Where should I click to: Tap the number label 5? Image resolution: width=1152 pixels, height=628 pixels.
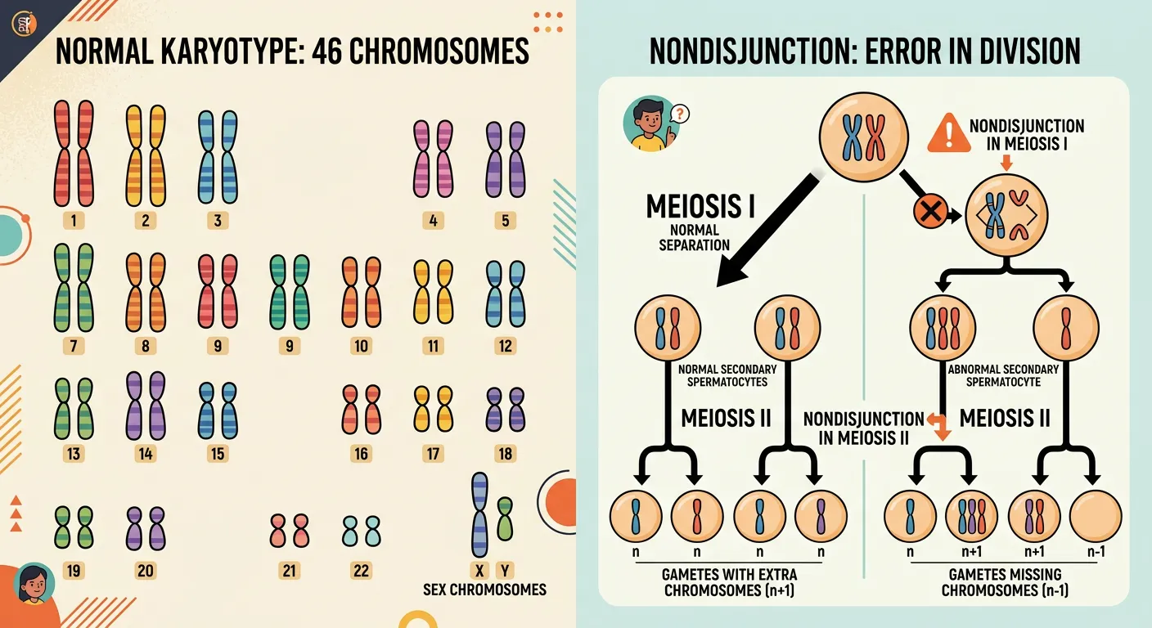[x=506, y=220]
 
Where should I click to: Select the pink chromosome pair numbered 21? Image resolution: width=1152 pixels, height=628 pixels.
[x=289, y=530]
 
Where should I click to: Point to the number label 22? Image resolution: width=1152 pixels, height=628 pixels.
[x=361, y=571]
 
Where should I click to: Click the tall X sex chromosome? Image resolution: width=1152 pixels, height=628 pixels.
[x=479, y=514]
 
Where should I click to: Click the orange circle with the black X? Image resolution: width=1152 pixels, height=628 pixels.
[x=930, y=213]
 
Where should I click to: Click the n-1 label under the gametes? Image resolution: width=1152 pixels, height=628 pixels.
[x=1096, y=551]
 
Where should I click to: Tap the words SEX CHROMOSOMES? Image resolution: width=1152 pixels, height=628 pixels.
[x=484, y=589]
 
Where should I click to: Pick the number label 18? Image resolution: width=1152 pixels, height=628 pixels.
[x=506, y=454]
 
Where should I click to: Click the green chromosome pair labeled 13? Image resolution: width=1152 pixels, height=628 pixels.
[x=74, y=410]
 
